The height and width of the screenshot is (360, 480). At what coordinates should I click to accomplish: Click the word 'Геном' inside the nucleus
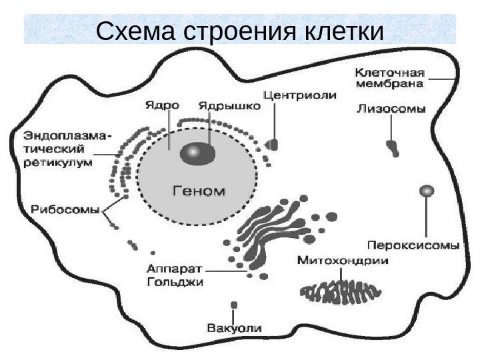click(199, 190)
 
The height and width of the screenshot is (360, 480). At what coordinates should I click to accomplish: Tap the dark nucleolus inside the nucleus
click(198, 153)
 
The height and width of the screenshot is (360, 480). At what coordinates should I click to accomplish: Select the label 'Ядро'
click(162, 105)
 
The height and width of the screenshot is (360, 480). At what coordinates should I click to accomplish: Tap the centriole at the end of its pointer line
click(273, 144)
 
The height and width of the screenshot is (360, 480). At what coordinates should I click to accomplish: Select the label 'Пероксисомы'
click(414, 244)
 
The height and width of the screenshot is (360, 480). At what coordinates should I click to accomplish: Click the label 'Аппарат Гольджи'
click(176, 276)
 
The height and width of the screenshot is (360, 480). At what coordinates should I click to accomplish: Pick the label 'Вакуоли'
click(234, 328)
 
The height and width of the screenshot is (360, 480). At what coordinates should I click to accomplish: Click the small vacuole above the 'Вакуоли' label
click(233, 305)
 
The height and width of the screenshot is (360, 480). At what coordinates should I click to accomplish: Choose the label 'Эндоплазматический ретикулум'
click(61, 149)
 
